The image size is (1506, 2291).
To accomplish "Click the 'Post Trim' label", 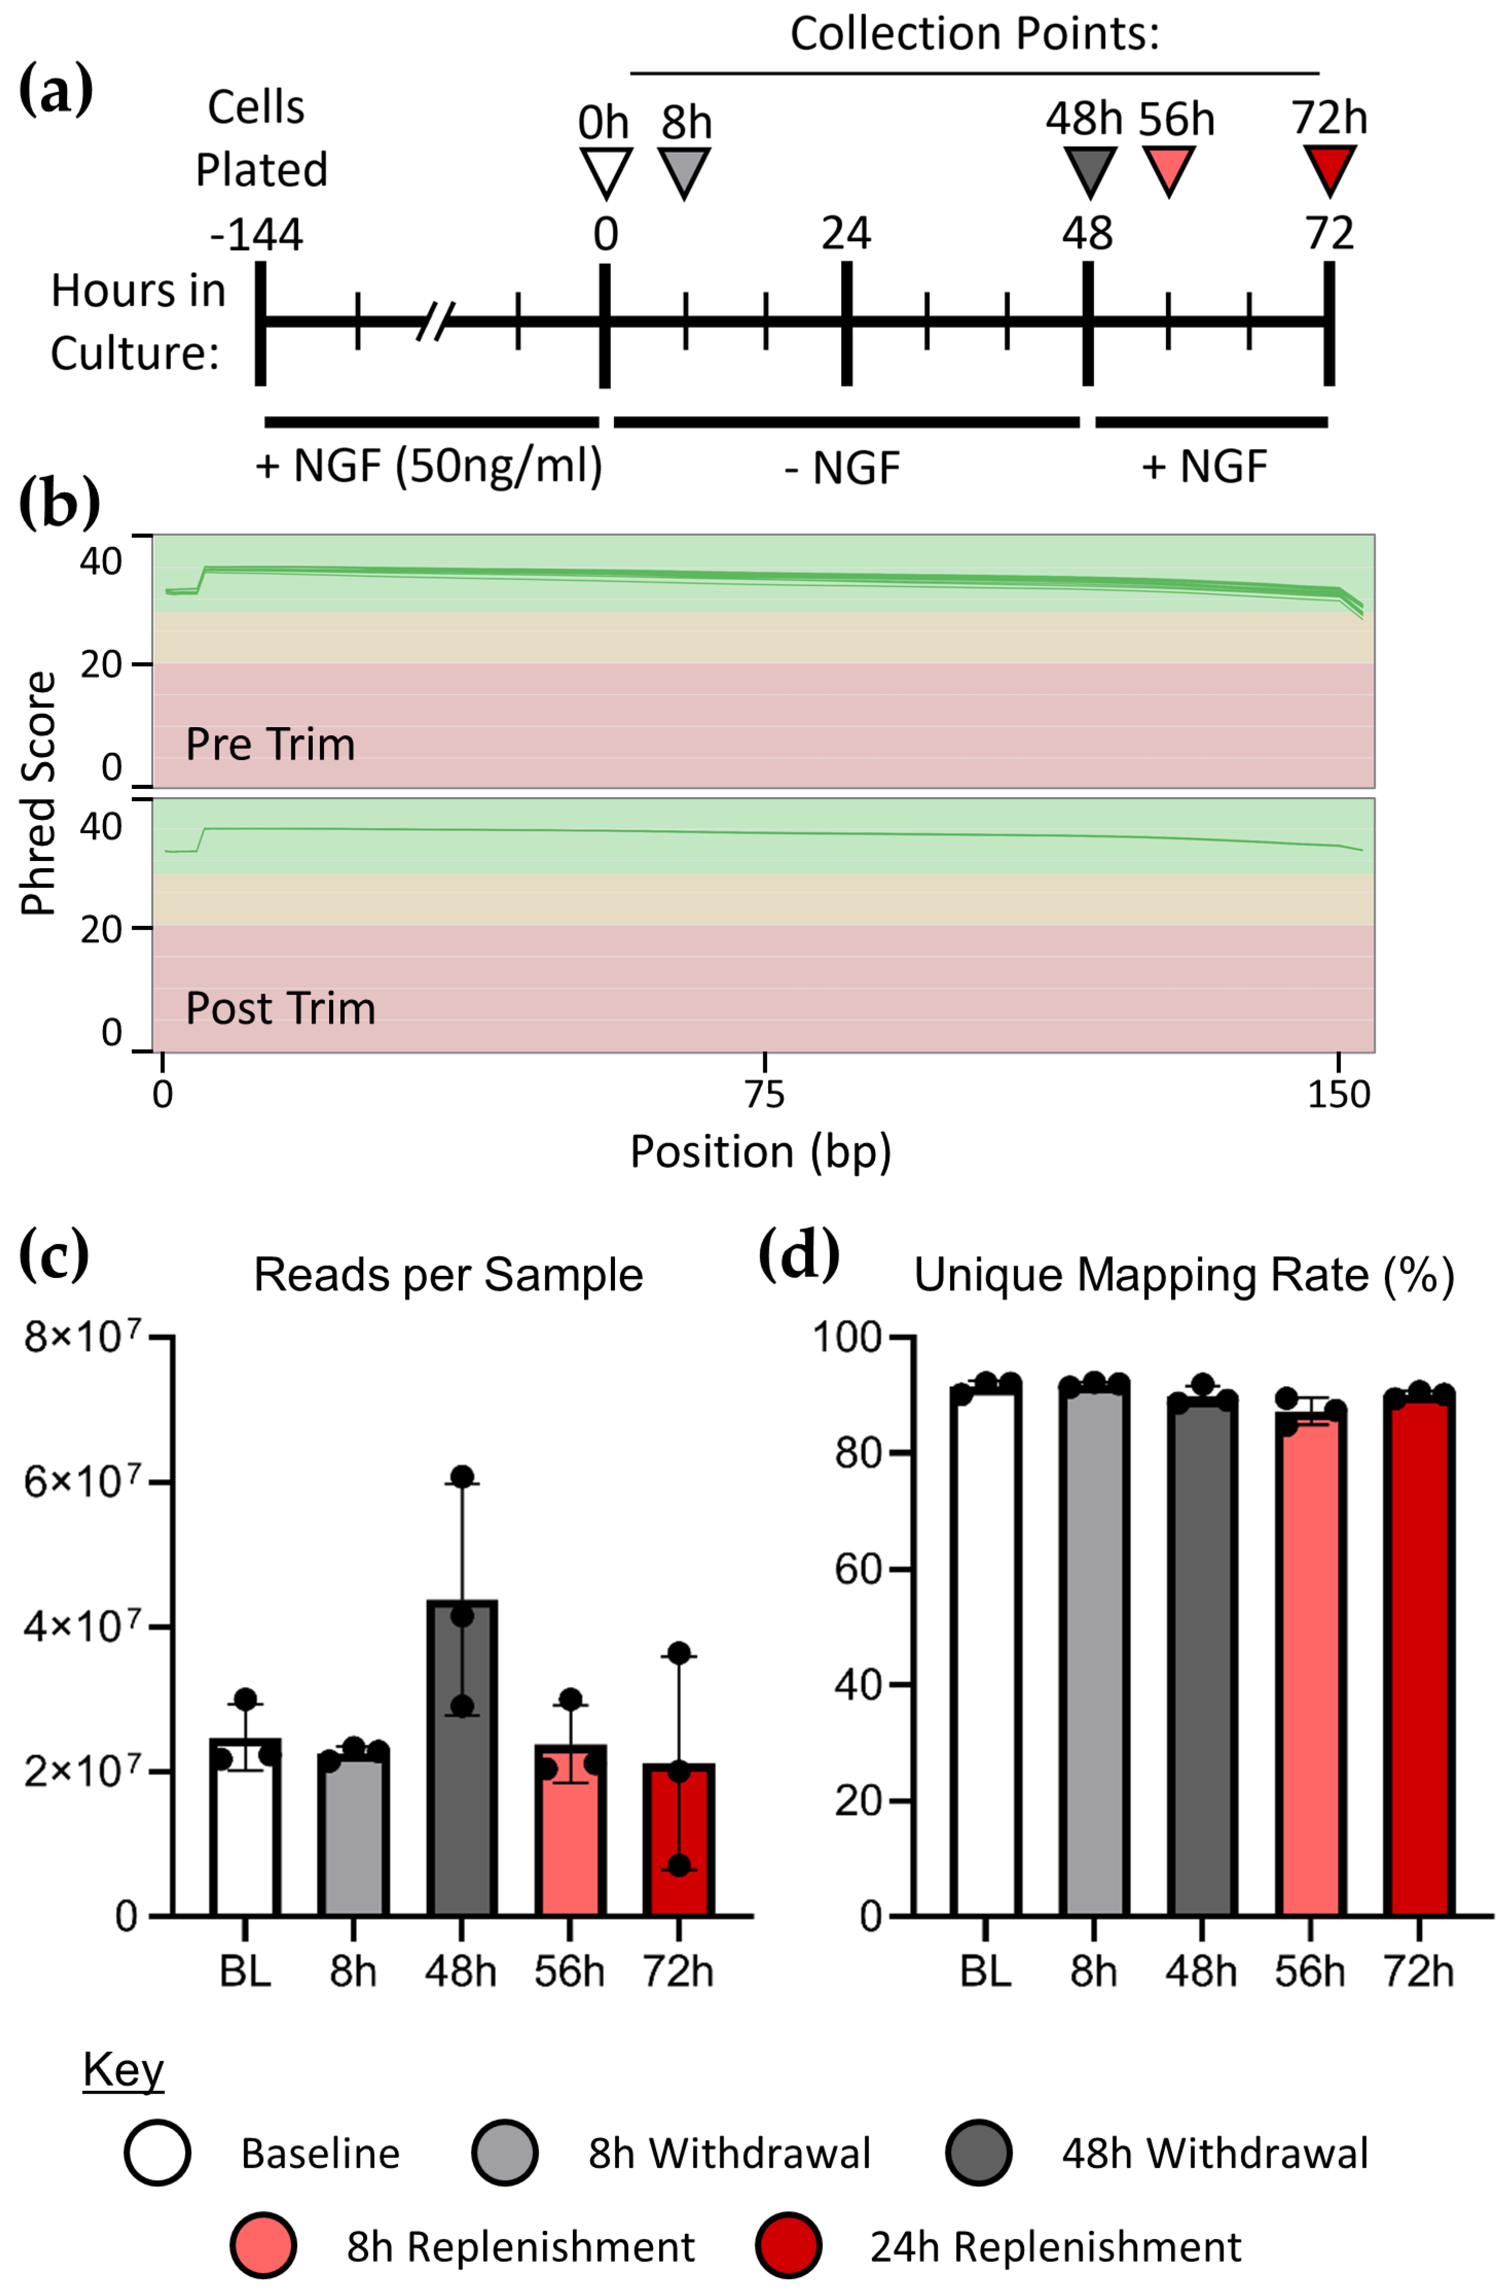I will click(x=280, y=1008).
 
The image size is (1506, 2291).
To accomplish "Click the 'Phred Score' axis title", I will click(x=39, y=792).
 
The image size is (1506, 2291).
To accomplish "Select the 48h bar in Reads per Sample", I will click(x=462, y=1771).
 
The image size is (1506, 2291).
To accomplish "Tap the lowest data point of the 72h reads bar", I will click(x=679, y=1865).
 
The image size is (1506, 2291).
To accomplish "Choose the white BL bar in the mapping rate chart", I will click(x=984, y=1656).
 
